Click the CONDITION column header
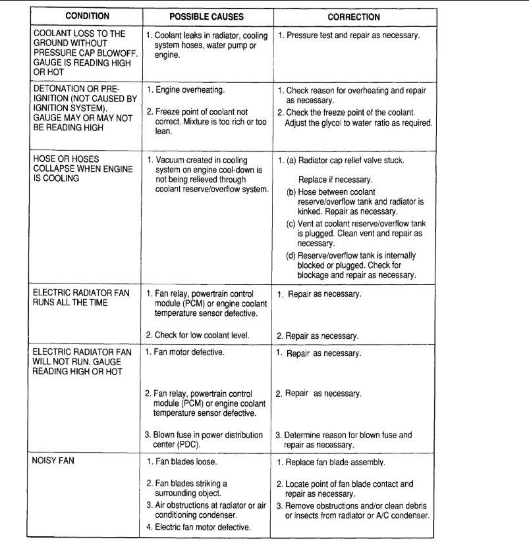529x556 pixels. pos(82,16)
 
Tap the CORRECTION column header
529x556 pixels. pos(354,16)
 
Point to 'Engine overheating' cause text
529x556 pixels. pos(188,89)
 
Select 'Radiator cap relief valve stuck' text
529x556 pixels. pos(353,161)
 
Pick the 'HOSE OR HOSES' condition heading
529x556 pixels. pos(64,160)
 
